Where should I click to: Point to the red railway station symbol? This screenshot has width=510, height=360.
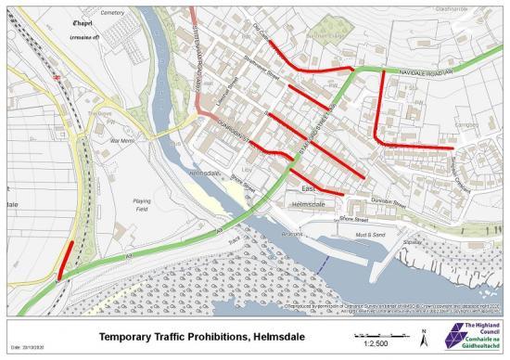tap(57, 79)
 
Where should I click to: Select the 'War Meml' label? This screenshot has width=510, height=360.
tap(122, 140)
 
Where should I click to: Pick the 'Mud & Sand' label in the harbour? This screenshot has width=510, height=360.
tap(371, 235)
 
